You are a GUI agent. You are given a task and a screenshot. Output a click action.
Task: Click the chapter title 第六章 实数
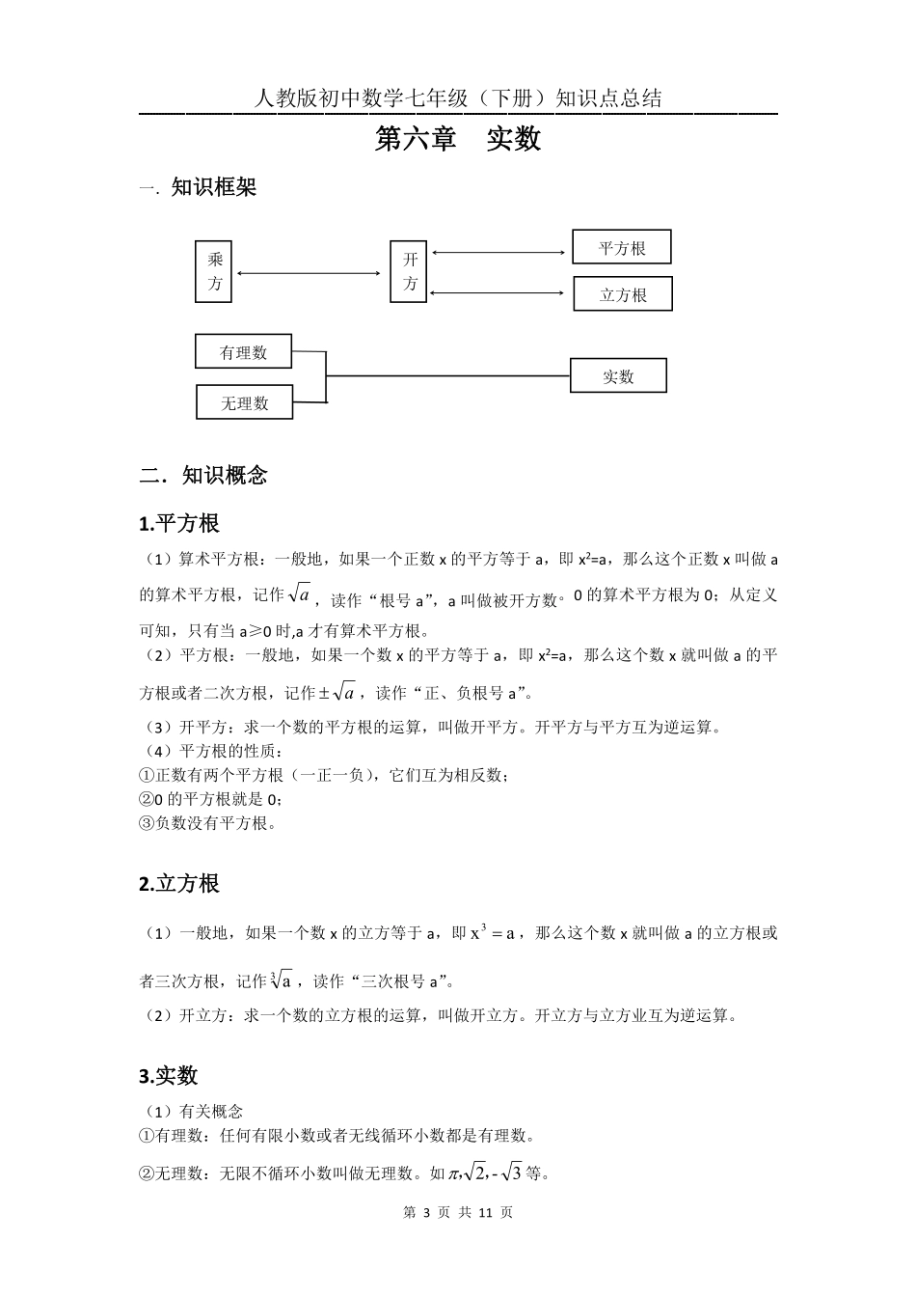(458, 139)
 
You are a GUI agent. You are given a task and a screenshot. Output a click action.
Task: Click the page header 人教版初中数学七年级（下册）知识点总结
(458, 98)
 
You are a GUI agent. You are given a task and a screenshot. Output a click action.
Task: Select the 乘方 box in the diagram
(214, 271)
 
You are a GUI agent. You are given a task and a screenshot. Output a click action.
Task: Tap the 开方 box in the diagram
(409, 271)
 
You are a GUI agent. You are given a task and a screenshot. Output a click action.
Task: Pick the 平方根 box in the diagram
(621, 248)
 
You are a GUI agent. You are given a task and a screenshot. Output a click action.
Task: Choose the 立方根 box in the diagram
(622, 294)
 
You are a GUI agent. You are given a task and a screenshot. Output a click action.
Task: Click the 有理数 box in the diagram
(243, 352)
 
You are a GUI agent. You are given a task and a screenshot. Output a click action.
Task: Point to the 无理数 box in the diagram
(244, 402)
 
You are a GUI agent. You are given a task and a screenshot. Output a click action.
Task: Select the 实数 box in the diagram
(618, 376)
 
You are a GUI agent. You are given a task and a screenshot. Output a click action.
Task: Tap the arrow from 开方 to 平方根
(498, 254)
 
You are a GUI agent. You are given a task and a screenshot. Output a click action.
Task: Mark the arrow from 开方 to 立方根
(498, 291)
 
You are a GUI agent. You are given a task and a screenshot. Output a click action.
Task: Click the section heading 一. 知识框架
(199, 187)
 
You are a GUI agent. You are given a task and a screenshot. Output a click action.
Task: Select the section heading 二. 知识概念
(203, 475)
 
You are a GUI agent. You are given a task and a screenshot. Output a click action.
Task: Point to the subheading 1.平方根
(180, 524)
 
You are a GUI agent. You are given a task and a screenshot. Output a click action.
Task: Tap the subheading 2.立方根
(180, 883)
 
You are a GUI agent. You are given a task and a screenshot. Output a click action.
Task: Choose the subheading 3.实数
(169, 1076)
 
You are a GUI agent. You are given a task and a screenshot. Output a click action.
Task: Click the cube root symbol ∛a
(282, 980)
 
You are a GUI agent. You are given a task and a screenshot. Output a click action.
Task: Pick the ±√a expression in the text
(337, 691)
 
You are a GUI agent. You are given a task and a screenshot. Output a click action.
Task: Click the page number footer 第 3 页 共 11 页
(458, 1213)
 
